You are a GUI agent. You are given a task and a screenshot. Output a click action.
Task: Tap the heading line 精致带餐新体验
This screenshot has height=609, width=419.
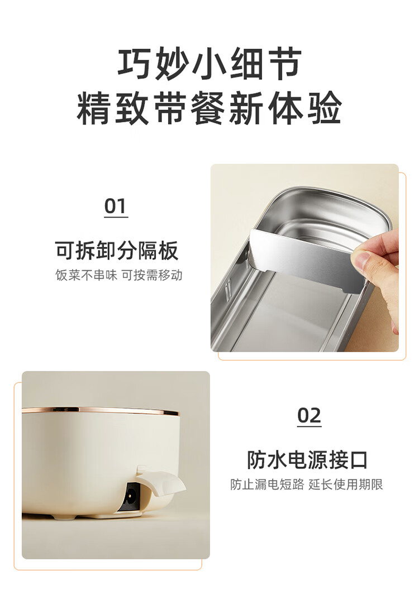pyautogui.click(x=209, y=108)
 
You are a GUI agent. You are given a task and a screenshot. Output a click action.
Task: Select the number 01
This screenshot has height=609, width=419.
pyautogui.click(x=116, y=206)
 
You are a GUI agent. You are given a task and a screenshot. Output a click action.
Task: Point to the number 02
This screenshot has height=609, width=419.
pyautogui.click(x=309, y=415)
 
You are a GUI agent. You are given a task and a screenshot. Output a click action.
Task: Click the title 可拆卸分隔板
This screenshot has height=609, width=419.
pyautogui.click(x=117, y=250)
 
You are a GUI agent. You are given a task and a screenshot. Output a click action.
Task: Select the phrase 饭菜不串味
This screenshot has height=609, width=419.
pyautogui.click(x=86, y=275)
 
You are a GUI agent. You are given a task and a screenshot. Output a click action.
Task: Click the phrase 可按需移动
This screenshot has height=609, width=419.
pyautogui.click(x=152, y=275)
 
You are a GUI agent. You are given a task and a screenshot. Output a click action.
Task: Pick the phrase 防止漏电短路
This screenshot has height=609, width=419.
pyautogui.click(x=267, y=485)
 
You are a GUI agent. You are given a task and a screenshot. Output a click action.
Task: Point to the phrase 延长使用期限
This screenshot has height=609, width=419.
pyautogui.click(x=346, y=485)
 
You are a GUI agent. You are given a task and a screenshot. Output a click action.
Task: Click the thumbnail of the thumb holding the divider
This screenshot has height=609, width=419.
pyautogui.click(x=360, y=260)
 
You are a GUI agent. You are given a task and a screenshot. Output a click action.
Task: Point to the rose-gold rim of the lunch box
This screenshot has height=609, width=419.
pyautogui.click(x=101, y=410)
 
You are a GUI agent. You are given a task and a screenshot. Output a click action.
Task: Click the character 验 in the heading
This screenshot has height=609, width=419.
pyautogui.click(x=325, y=108)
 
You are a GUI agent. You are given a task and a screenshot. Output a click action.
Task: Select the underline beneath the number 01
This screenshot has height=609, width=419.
pyautogui.click(x=116, y=217)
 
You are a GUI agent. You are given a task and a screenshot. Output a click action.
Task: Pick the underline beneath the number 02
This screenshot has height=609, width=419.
pyautogui.click(x=310, y=426)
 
